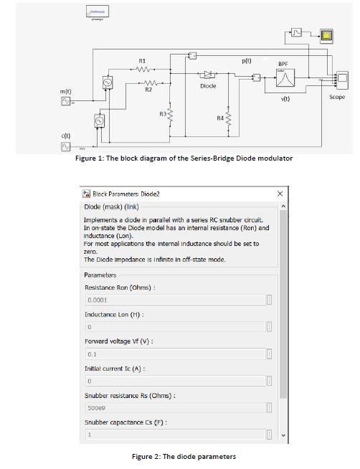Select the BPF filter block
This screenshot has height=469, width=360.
(x=283, y=79)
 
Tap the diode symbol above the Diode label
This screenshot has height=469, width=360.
(x=208, y=74)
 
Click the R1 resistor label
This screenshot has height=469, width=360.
(x=142, y=60)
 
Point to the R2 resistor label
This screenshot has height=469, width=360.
(x=148, y=90)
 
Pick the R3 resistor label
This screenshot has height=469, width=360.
(x=163, y=114)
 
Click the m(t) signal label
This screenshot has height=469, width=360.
(x=65, y=93)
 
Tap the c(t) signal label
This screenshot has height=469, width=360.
(x=65, y=135)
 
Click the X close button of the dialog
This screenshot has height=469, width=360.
(x=280, y=194)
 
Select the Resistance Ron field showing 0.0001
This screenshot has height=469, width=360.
(x=175, y=300)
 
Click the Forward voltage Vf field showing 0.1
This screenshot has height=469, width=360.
(x=175, y=354)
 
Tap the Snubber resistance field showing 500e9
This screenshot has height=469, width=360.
(x=175, y=407)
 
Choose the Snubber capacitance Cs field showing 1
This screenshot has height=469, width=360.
(x=175, y=435)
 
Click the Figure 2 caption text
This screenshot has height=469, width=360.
(x=184, y=456)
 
